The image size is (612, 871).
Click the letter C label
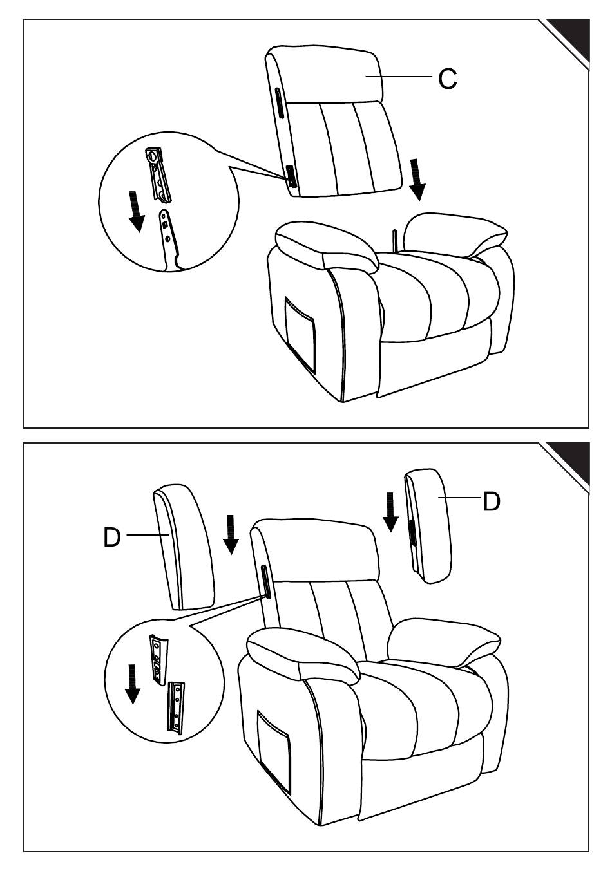click(448, 79)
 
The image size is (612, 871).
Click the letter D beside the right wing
click(491, 501)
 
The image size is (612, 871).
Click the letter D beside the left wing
click(112, 538)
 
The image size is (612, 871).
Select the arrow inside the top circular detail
click(136, 212)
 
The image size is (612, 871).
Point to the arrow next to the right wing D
click(390, 512)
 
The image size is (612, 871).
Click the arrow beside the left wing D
click(231, 534)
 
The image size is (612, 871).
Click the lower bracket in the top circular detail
click(171, 239)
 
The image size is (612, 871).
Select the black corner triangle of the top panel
click(569, 39)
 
